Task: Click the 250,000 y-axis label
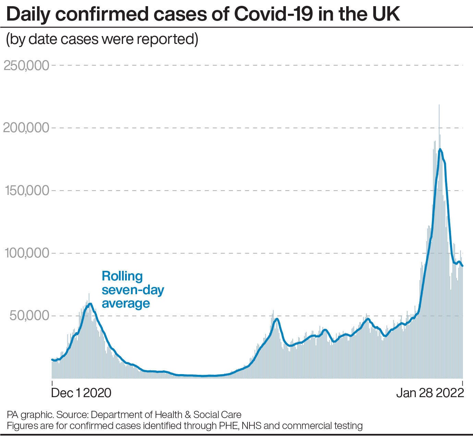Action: pos(26,65)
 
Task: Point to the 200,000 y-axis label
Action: pos(26,128)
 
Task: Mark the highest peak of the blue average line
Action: pos(440,149)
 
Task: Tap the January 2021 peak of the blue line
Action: pos(90,304)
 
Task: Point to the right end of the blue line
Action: pos(462,266)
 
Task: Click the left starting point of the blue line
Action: pos(52,359)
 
